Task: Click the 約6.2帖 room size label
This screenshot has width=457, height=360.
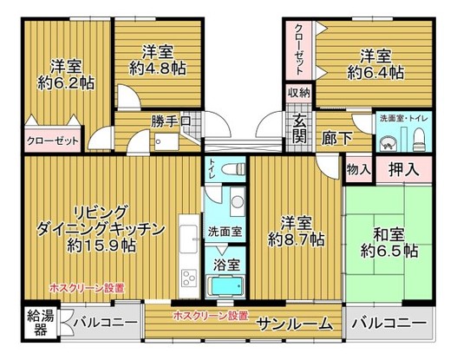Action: pos(67,83)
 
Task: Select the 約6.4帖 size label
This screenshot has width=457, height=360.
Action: pos(375,74)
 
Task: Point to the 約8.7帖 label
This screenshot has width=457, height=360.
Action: pos(297,238)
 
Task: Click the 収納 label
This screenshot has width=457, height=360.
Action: pos(299,92)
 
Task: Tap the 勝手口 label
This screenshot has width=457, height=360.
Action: pos(176,122)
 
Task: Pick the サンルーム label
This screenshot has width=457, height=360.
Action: pos(295,324)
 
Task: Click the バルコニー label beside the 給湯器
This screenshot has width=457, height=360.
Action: pos(104,324)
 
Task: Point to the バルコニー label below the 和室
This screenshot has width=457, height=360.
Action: pos(390,324)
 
